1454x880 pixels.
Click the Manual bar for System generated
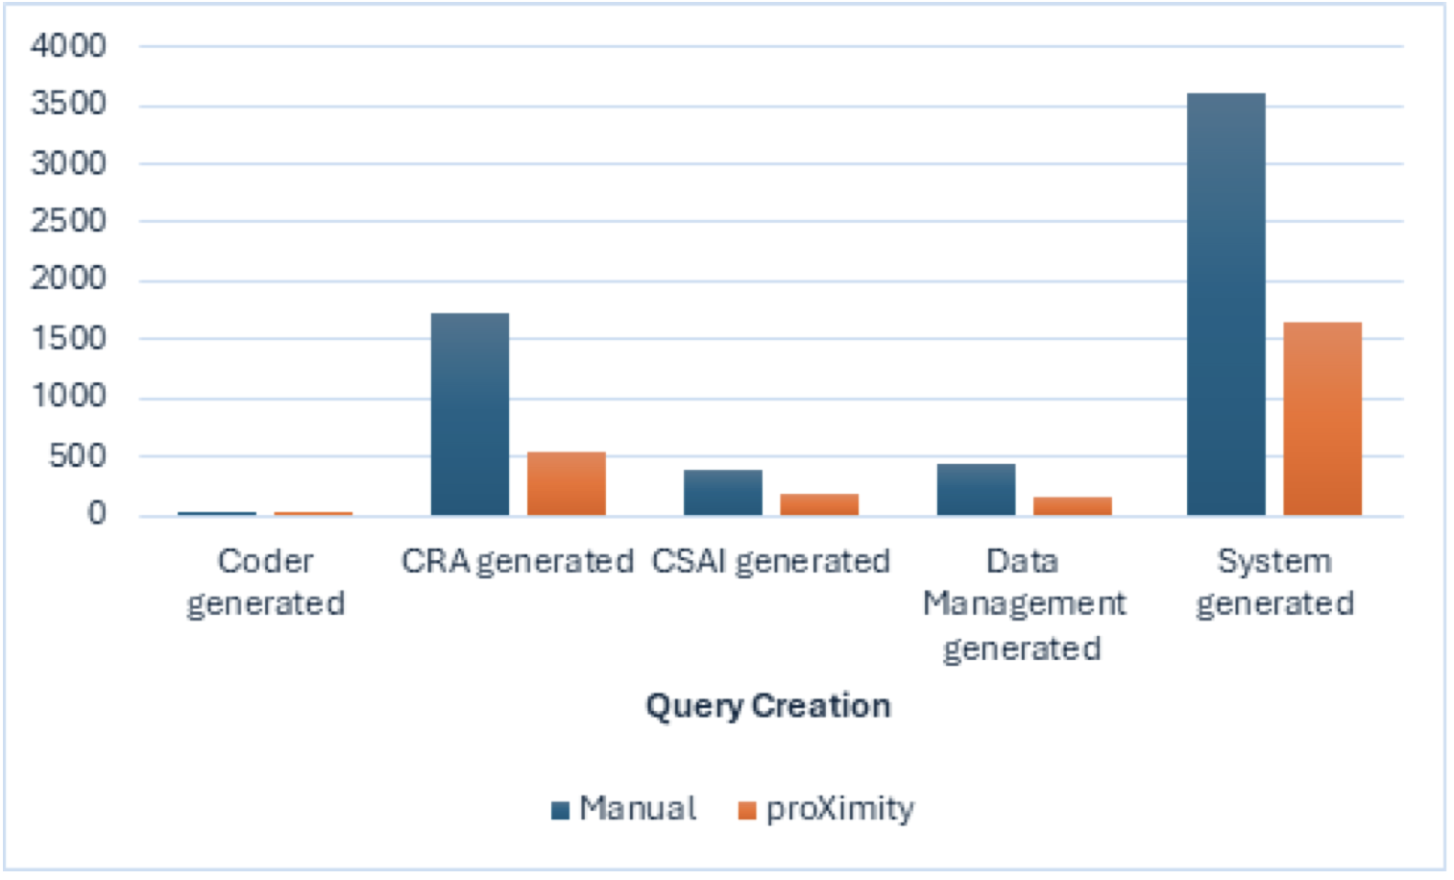click(x=1225, y=304)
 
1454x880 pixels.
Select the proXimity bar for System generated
click(x=1321, y=419)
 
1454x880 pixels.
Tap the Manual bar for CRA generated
click(x=470, y=414)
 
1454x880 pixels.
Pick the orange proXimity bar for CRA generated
click(x=566, y=483)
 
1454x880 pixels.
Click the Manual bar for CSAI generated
click(x=722, y=492)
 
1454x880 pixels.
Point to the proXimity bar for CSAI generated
click(x=818, y=504)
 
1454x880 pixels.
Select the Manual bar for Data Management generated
click(x=976, y=489)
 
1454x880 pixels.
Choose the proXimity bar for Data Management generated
click(x=1072, y=506)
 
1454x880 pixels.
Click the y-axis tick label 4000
click(x=68, y=45)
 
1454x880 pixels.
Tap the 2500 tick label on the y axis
click(x=68, y=221)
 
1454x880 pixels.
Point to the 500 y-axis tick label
click(x=78, y=455)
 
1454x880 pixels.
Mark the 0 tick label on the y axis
click(x=96, y=514)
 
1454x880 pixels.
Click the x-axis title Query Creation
click(x=767, y=706)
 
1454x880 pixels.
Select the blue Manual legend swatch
click(x=560, y=810)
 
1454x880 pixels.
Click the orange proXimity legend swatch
click(x=746, y=810)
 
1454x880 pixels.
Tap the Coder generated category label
click(x=265, y=582)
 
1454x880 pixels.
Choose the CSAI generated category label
click(x=770, y=561)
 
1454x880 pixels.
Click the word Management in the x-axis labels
click(x=1024, y=603)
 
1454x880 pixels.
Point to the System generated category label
click(x=1274, y=582)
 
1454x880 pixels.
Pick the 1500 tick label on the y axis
click(x=68, y=338)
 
